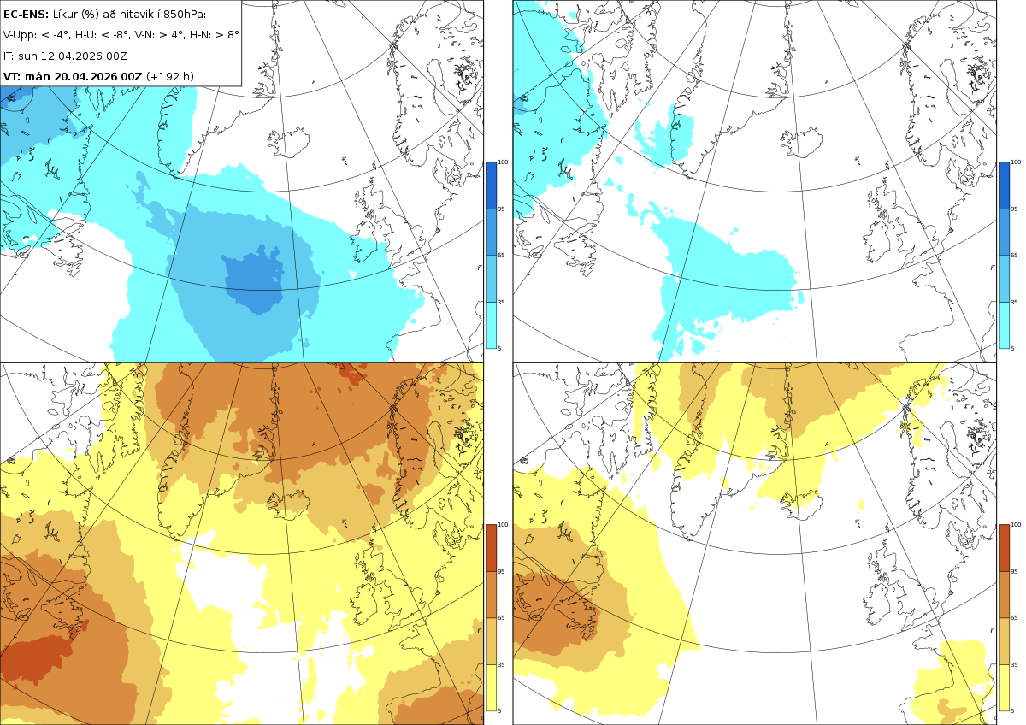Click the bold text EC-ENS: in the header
26,15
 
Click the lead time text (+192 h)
170,76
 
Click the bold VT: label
12,76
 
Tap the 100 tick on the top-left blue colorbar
503,162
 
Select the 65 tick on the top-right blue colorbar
1014,255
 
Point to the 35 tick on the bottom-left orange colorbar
502,664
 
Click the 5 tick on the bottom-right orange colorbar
1012,710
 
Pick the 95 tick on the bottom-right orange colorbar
1014,572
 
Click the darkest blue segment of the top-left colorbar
491,186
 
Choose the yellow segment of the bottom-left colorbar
491,687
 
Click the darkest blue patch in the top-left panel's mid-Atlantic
255,280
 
